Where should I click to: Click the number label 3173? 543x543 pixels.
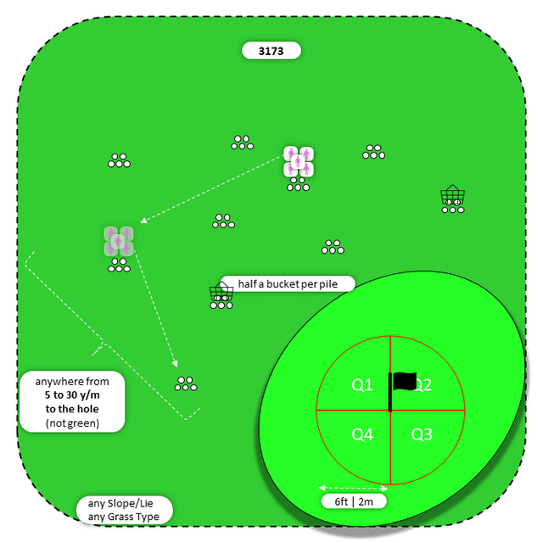coord(271,51)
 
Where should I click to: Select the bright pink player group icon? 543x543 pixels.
coord(299,161)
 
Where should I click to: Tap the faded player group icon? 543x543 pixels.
coord(119,241)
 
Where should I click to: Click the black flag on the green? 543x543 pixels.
coord(404,383)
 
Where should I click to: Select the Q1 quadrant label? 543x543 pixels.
coord(362,385)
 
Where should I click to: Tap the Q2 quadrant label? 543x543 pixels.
coord(423,385)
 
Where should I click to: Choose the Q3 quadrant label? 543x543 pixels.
coord(422,434)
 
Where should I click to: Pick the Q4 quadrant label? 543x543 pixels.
coord(362,434)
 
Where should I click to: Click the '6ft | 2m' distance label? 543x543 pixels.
coord(354,501)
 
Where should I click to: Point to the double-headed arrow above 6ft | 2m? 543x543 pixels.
coord(354,488)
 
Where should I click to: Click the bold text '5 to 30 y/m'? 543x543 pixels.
coord(72,395)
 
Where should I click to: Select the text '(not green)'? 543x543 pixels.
coord(72,423)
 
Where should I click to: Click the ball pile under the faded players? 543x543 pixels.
coord(119,266)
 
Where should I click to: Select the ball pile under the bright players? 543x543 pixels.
coord(298,186)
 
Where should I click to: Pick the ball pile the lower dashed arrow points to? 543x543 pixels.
coord(186,383)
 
